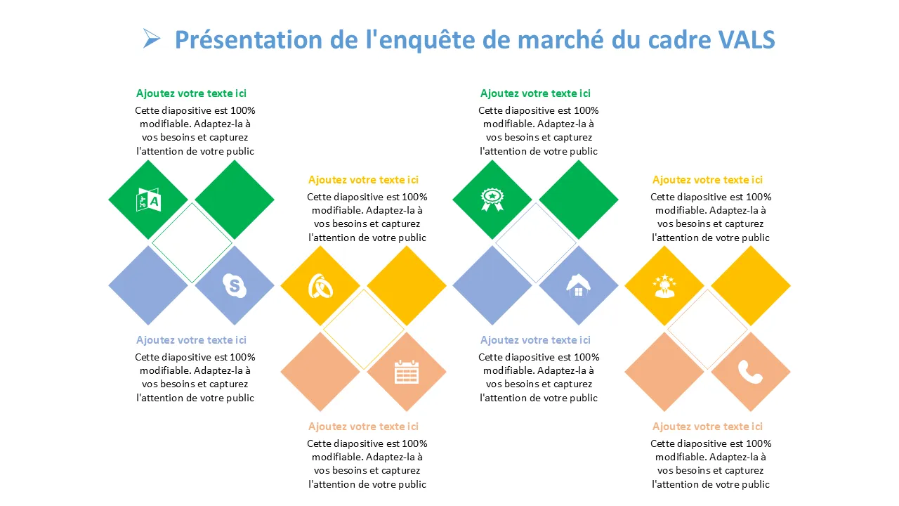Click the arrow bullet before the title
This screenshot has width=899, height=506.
pyautogui.click(x=151, y=39)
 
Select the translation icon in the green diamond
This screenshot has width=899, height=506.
pyautogui.click(x=148, y=200)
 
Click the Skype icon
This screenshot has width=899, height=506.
pyautogui.click(x=235, y=285)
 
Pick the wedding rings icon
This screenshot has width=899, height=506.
pyautogui.click(x=320, y=286)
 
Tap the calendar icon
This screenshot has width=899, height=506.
pyautogui.click(x=407, y=372)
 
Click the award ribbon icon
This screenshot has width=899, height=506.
pyautogui.click(x=492, y=200)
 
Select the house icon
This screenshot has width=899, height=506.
pyautogui.click(x=578, y=285)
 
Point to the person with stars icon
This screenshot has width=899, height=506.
pyautogui.click(x=664, y=286)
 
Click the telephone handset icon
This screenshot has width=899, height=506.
pyautogui.click(x=750, y=372)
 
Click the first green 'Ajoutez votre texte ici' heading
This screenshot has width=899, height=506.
pyautogui.click(x=191, y=93)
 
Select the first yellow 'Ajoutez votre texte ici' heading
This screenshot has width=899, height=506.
pyautogui.click(x=363, y=179)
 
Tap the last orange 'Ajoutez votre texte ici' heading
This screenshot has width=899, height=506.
pyautogui.click(x=707, y=426)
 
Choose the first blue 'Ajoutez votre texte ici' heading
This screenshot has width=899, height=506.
pyautogui.click(x=191, y=339)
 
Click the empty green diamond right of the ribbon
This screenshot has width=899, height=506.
pyautogui.click(x=578, y=200)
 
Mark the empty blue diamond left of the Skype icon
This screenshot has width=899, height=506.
pyautogui.click(x=148, y=285)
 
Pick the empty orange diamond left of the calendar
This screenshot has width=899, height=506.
pyautogui.click(x=320, y=372)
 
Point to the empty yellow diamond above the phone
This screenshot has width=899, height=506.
pyautogui.click(x=751, y=285)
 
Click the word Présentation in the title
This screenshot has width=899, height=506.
pyautogui.click(x=249, y=40)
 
